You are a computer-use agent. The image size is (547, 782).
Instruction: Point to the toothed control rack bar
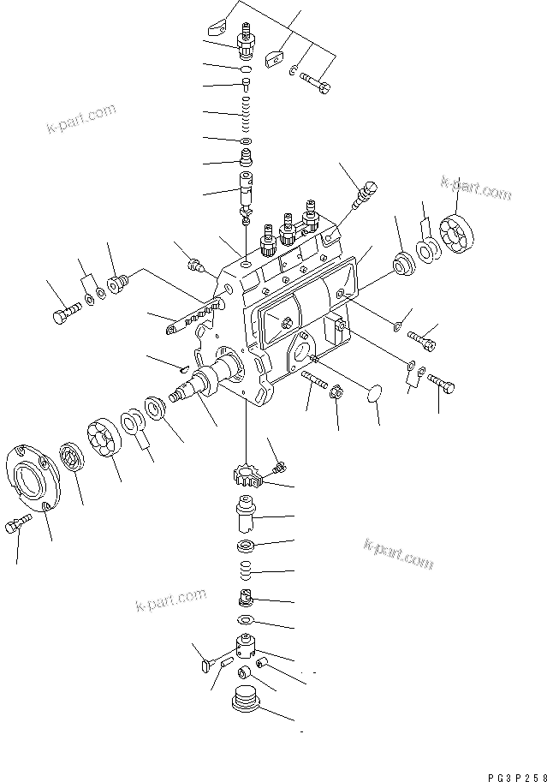(x=194, y=316)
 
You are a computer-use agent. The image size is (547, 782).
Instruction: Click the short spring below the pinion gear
(x=245, y=570)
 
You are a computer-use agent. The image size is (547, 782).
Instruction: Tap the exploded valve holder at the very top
(x=247, y=39)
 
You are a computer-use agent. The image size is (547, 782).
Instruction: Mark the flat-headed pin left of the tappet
(x=202, y=661)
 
